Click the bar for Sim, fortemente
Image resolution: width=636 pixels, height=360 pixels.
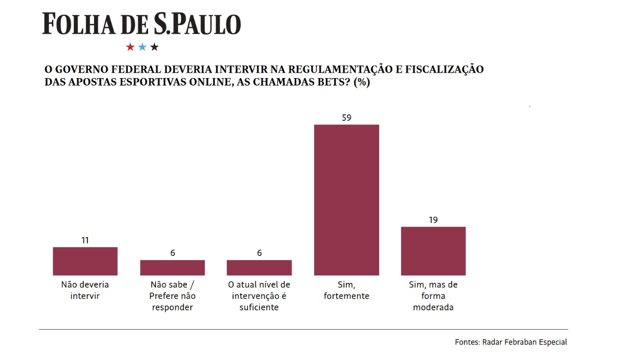pyautogui.click(x=346, y=199)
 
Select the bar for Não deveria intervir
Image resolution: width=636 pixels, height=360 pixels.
pyautogui.click(x=85, y=261)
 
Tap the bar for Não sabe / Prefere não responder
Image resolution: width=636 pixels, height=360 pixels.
pyautogui.click(x=172, y=268)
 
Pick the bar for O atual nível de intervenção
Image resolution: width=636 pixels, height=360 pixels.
pyautogui.click(x=259, y=268)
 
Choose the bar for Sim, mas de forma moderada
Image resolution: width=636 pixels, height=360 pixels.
pyautogui.click(x=433, y=251)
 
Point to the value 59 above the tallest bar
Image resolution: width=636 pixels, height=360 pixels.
pyautogui.click(x=346, y=118)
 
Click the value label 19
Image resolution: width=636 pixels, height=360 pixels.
pyautogui.click(x=433, y=220)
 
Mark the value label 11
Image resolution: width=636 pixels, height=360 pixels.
pyautogui.click(x=85, y=240)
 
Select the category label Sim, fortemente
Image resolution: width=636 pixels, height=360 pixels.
pyautogui.click(x=346, y=290)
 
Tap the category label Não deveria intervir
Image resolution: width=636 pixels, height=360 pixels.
pyautogui.click(x=85, y=290)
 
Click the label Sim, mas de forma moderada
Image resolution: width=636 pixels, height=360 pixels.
pyautogui.click(x=433, y=296)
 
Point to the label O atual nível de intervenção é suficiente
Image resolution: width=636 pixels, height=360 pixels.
pyautogui.click(x=259, y=296)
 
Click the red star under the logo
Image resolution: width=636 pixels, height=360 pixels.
pyautogui.click(x=130, y=47)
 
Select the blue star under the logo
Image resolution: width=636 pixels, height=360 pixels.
pyautogui.click(x=142, y=47)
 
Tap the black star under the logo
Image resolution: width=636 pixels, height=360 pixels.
pyautogui.click(x=155, y=47)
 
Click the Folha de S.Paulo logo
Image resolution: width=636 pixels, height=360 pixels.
pyautogui.click(x=142, y=24)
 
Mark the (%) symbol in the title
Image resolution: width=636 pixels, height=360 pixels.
pyautogui.click(x=361, y=83)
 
